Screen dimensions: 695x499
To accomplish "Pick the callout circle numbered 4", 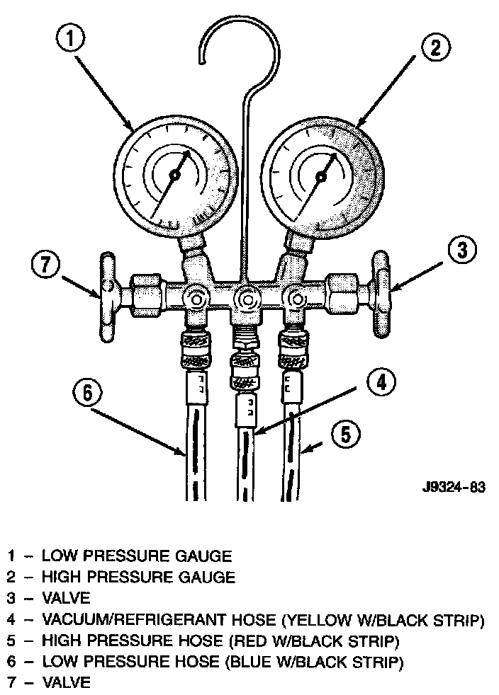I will pyautogui.click(x=381, y=383).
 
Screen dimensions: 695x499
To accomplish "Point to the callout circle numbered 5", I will pyautogui.click(x=343, y=433).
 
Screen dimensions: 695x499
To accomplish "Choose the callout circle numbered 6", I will pyautogui.click(x=87, y=394).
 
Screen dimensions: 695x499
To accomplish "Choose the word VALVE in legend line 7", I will pyautogui.click(x=67, y=683).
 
